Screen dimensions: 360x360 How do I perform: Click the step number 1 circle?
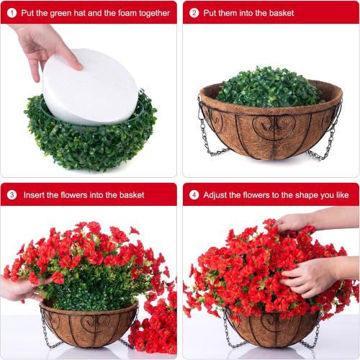(x=12, y=12)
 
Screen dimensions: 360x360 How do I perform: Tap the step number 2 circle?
(x=194, y=12)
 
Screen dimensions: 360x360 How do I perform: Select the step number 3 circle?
(x=12, y=194)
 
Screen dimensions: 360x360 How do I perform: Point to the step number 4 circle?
(x=194, y=194)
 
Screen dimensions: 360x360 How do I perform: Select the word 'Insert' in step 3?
(x=36, y=194)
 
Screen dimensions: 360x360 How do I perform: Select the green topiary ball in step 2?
(x=269, y=86)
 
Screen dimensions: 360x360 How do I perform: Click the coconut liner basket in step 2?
(x=270, y=130)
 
